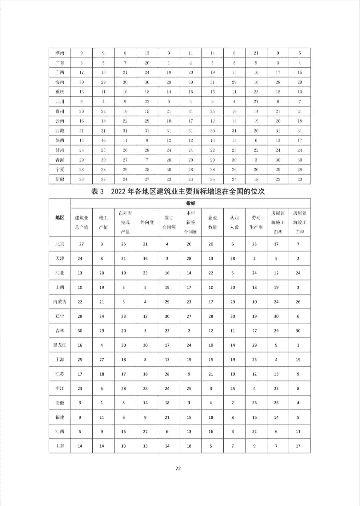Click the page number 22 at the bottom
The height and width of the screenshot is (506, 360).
tap(178, 468)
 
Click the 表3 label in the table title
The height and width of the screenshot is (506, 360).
tap(98, 192)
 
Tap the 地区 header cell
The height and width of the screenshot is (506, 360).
tap(60, 218)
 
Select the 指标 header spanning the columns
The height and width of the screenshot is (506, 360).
tap(191, 203)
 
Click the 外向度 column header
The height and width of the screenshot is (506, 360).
tap(147, 222)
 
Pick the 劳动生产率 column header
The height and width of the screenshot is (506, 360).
tap(256, 222)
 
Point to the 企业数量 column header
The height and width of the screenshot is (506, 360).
tap(212, 222)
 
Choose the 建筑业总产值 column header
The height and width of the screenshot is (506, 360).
tap(81, 222)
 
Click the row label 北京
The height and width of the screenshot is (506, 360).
tap(60, 244)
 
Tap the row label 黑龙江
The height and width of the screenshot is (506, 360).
tap(60, 345)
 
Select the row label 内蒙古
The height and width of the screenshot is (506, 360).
tap(60, 302)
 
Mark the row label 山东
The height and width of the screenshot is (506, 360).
tap(60, 446)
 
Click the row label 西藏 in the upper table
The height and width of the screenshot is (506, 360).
tap(60, 131)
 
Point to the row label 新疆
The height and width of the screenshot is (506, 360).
tap(60, 179)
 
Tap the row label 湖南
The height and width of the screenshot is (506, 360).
tap(60, 53)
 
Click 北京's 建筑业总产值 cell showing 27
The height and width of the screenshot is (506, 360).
tap(81, 244)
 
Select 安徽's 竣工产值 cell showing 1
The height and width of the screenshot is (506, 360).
tap(102, 403)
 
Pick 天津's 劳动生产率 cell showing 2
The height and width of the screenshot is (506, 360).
tap(254, 258)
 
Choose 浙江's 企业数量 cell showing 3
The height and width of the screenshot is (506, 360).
tap(211, 388)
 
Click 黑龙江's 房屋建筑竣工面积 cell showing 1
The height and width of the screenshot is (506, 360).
tap(298, 345)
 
